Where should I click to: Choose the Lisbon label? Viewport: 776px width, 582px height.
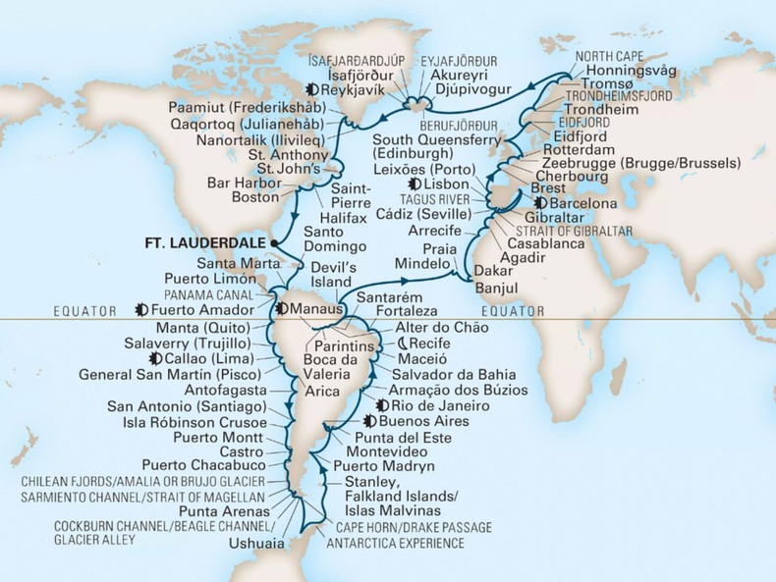pyautogui.click(x=446, y=185)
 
